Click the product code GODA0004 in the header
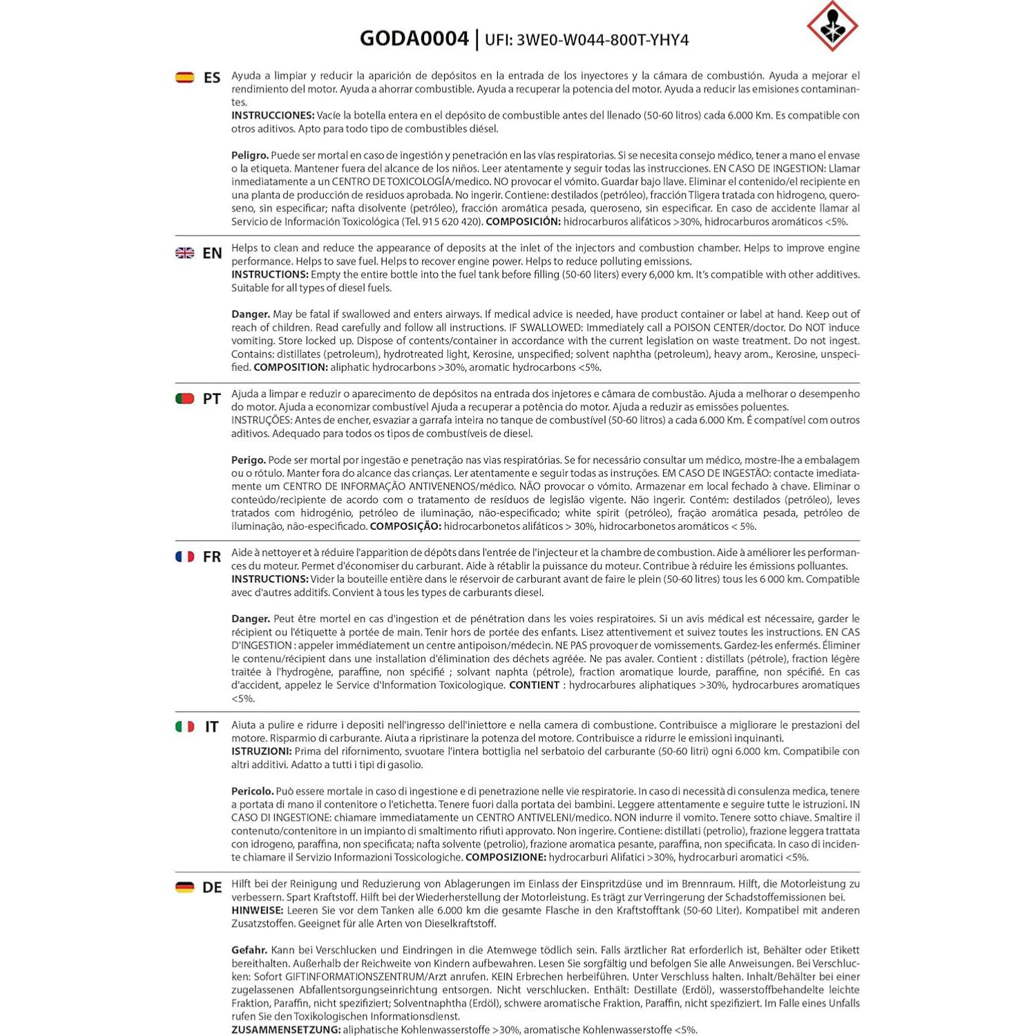(414, 38)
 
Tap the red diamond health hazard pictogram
(832, 26)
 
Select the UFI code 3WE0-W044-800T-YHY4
(586, 39)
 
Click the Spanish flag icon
(185, 77)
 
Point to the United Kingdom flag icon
(185, 253)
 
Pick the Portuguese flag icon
(185, 399)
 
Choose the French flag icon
(185, 557)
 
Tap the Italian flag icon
(185, 727)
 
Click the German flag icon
(185, 888)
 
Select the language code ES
(212, 77)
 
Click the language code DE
(212, 888)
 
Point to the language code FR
(212, 557)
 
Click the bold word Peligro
(249, 155)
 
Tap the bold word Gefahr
(249, 950)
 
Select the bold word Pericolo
(252, 792)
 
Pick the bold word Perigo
(248, 460)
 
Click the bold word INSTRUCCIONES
(273, 115)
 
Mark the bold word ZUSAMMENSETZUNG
(286, 1030)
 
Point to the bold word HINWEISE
(257, 910)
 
